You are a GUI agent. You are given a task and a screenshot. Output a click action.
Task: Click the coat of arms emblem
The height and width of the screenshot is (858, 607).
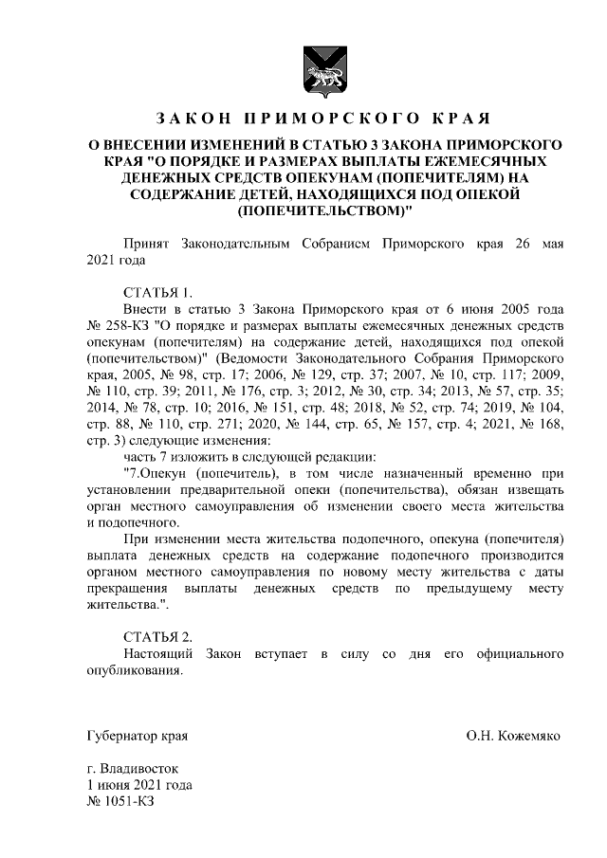click(322, 69)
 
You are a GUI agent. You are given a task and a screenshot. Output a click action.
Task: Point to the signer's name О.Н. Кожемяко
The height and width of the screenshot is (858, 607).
click(513, 736)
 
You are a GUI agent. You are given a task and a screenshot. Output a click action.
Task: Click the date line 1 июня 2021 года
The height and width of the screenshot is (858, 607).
click(139, 786)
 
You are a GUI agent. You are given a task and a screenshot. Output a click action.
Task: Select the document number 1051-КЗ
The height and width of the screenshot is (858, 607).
click(120, 803)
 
